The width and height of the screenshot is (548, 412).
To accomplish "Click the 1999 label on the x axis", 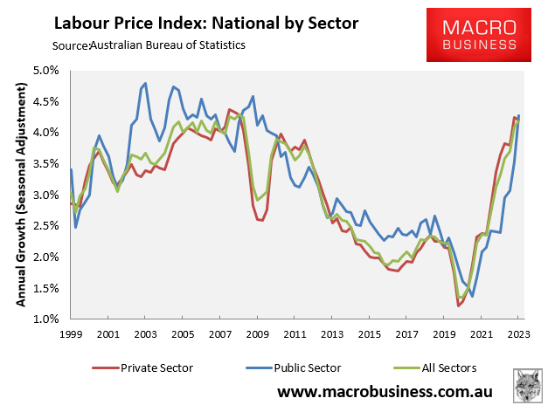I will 71,333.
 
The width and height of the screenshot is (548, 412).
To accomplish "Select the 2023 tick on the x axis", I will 517,333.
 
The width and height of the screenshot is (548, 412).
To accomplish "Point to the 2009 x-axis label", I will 257,333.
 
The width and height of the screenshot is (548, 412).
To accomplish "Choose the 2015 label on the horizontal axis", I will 369,333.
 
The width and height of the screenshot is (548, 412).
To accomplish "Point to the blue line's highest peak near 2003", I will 145,83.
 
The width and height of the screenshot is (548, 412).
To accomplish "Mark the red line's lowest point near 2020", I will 458,306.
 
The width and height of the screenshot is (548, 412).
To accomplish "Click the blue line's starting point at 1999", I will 71,168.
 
